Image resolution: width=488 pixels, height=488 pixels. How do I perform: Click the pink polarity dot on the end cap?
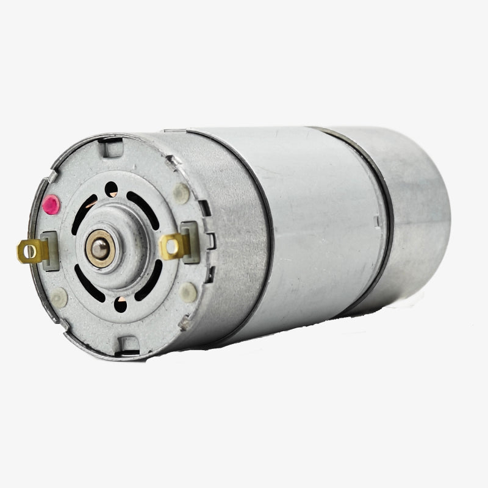51,204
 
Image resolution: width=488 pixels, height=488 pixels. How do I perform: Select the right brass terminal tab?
174,246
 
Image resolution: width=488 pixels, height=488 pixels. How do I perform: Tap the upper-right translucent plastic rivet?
181,194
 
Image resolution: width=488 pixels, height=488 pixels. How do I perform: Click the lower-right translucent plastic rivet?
188,292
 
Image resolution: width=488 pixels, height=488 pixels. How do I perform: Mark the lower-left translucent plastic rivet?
59,297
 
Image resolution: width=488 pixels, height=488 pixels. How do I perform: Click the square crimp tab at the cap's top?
111,147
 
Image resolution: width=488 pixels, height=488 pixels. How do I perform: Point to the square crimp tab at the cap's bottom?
128,345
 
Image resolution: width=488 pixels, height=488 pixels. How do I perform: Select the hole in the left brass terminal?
26,249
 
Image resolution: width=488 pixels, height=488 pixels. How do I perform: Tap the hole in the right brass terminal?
172,246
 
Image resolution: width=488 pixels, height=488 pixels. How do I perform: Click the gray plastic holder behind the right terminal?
190,241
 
